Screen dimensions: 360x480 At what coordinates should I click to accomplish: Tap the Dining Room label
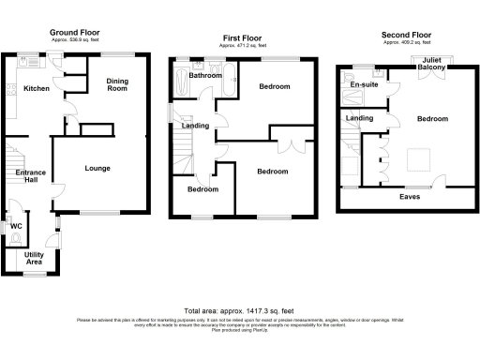[x=117, y=84]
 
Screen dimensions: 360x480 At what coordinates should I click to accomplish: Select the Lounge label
[x=97, y=169]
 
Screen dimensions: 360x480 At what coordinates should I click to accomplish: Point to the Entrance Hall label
[x=31, y=177]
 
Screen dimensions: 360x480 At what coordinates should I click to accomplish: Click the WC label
[x=16, y=226]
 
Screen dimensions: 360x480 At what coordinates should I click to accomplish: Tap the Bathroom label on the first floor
[x=204, y=75]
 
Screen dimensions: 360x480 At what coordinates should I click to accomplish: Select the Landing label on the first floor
[x=195, y=126]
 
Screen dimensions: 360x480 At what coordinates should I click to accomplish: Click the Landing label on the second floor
[x=359, y=118]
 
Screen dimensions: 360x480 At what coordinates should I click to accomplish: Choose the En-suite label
[x=363, y=85]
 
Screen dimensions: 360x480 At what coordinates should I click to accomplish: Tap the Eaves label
[x=409, y=197]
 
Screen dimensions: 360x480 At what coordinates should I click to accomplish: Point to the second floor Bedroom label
[x=432, y=119]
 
